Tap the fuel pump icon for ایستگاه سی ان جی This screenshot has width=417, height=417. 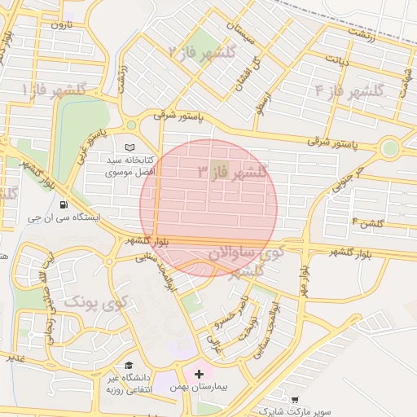pos(64,204)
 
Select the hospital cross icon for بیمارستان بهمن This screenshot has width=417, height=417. pos(199,374)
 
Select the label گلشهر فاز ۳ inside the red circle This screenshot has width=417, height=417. pos(232,172)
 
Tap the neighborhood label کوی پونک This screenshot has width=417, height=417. pos(96,304)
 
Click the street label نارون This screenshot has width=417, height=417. pos(62,25)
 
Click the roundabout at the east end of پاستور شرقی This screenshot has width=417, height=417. pos(390,149)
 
